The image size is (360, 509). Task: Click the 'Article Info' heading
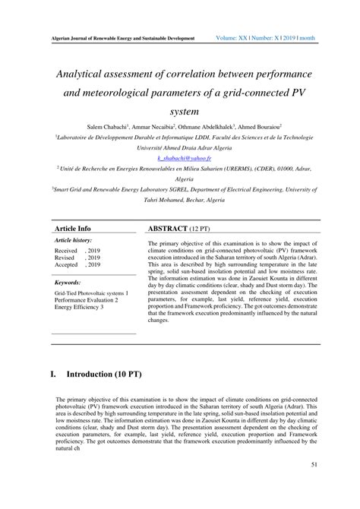click(73, 228)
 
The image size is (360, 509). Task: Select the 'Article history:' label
click(73, 239)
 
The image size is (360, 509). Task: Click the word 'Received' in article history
click(66, 249)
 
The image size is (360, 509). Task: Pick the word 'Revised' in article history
click(65, 257)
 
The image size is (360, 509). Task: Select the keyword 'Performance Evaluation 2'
click(87, 299)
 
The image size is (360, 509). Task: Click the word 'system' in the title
click(180, 109)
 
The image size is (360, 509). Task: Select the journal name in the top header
click(122, 38)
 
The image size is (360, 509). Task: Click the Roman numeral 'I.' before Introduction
click(53, 375)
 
